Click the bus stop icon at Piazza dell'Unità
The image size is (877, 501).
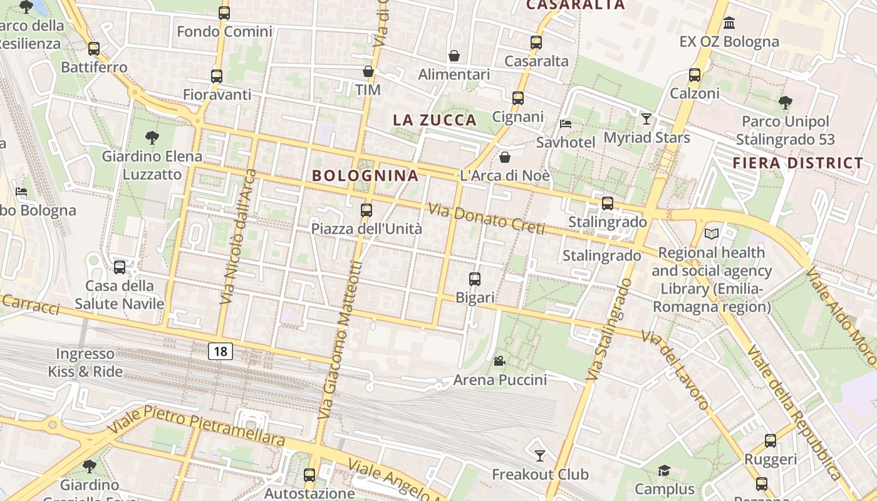pyautogui.click(x=366, y=210)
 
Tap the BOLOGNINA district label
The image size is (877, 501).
pyautogui.click(x=365, y=175)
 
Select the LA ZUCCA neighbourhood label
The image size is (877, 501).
pyautogui.click(x=435, y=120)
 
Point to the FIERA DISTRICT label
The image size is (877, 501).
pyautogui.click(x=798, y=163)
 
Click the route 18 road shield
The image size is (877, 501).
pyautogui.click(x=221, y=351)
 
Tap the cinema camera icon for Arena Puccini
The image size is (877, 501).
pyautogui.click(x=499, y=361)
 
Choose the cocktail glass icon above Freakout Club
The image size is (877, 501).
pyautogui.click(x=539, y=455)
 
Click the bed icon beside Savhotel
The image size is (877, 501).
pyautogui.click(x=566, y=123)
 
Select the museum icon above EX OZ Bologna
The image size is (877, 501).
pyautogui.click(x=729, y=23)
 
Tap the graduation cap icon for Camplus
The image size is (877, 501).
pyautogui.click(x=664, y=470)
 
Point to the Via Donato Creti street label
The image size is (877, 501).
pyautogui.click(x=486, y=219)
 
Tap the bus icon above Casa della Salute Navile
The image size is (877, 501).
pyautogui.click(x=120, y=267)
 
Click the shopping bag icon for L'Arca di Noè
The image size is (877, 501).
pyautogui.click(x=505, y=157)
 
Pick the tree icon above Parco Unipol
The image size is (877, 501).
pyautogui.click(x=785, y=102)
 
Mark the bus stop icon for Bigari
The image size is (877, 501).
pyautogui.click(x=475, y=279)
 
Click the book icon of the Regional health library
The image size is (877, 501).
pyautogui.click(x=712, y=234)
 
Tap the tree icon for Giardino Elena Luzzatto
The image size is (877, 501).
pyautogui.click(x=152, y=137)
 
